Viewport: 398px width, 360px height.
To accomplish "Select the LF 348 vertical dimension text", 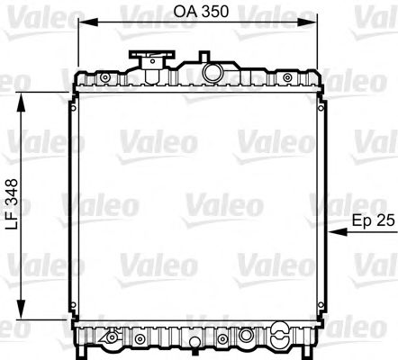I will coord(12,206).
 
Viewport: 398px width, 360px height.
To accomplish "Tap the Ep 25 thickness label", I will coord(372,219).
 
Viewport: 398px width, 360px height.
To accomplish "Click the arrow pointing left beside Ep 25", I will coord(343,232).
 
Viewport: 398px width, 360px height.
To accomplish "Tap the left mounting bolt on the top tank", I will coord(107,78).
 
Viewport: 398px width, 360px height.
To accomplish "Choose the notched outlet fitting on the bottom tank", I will coord(113,339).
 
